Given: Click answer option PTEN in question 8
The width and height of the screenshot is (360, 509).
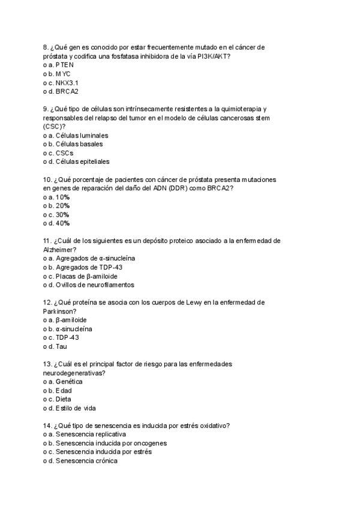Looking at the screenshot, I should click(65, 64).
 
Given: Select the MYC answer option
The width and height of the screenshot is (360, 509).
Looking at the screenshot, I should click(65, 73).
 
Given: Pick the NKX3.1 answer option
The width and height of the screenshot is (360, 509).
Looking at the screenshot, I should click(67, 82).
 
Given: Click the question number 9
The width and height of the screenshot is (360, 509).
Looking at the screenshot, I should click(46, 110).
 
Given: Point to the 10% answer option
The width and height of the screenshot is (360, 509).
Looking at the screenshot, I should click(62, 197).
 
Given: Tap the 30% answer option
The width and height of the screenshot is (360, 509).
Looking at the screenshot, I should click(62, 214).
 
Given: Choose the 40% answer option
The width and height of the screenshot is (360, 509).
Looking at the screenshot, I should click(62, 223).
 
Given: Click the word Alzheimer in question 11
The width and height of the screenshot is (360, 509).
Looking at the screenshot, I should click(59, 250).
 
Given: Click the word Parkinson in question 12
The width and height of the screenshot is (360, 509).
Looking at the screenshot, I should click(59, 312).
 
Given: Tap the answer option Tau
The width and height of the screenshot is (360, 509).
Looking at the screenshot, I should click(61, 346).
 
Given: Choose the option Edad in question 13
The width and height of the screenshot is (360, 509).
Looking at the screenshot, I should click(63, 391).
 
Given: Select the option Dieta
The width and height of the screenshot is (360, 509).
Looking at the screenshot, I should click(63, 399).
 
